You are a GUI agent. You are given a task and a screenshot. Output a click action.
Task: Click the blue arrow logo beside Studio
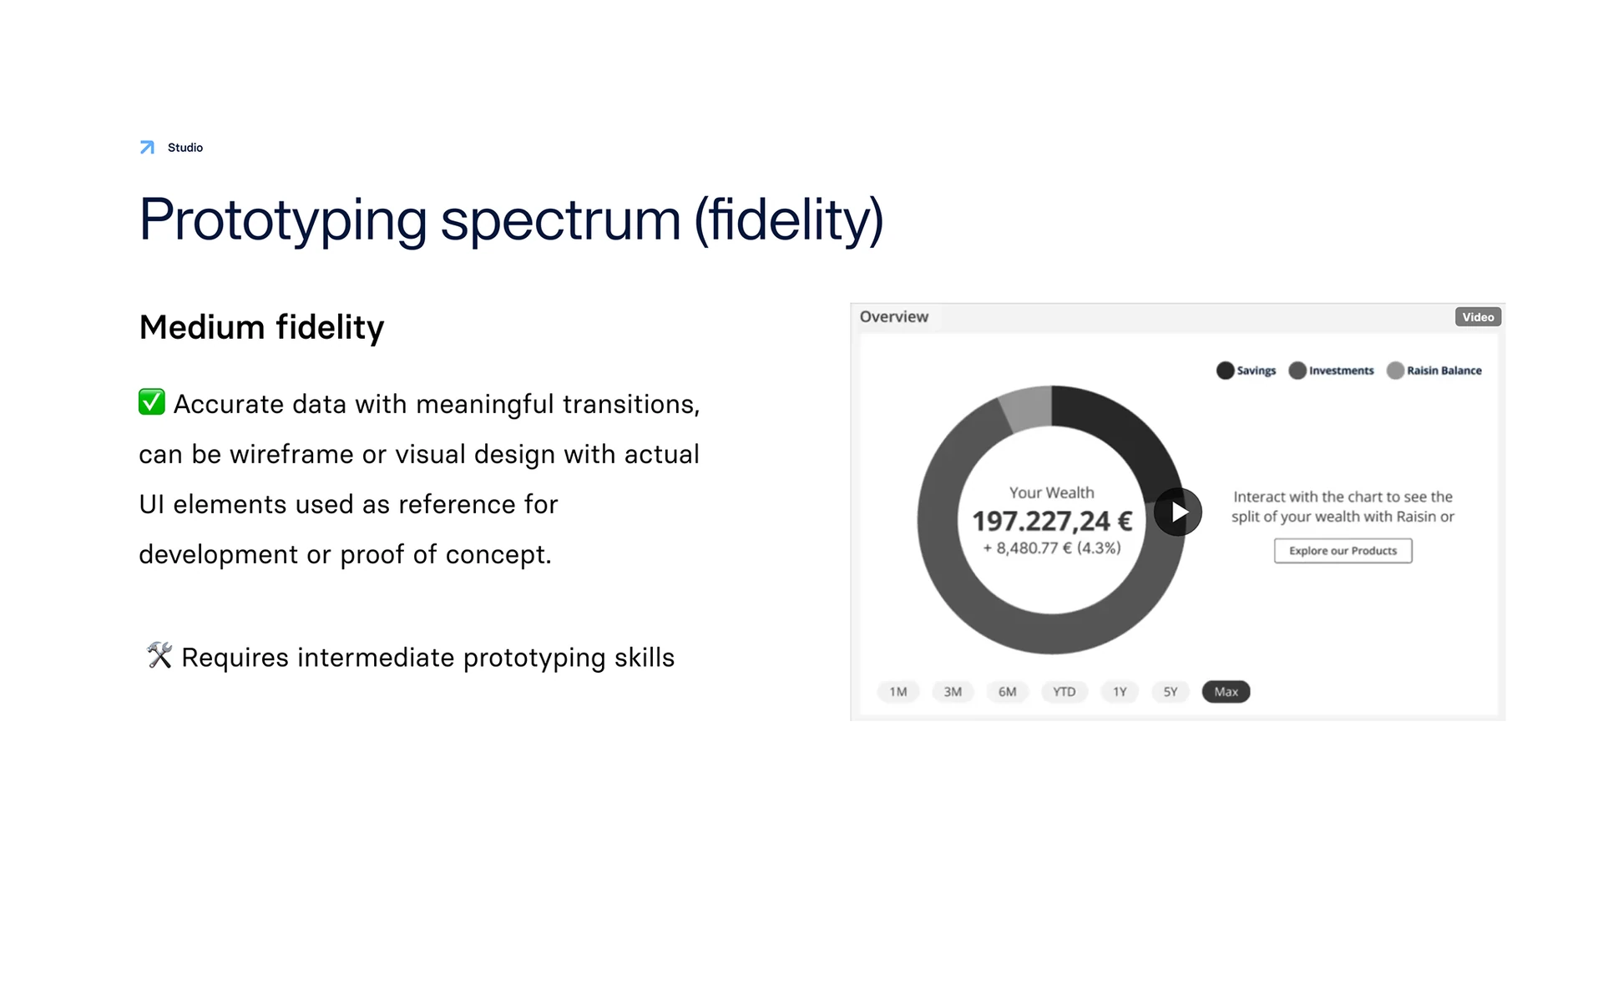click(x=147, y=148)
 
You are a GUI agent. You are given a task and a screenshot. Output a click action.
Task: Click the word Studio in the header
click(x=185, y=148)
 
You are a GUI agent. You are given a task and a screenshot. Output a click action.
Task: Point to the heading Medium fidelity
click(x=261, y=327)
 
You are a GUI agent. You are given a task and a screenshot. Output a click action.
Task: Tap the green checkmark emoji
click(x=152, y=402)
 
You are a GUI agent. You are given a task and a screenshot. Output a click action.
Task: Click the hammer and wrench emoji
click(x=159, y=655)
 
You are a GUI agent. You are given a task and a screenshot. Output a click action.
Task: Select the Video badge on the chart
click(x=1478, y=317)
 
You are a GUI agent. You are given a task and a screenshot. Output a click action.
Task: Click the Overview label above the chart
click(x=894, y=317)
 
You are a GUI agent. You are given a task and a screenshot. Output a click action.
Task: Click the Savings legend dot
click(x=1226, y=371)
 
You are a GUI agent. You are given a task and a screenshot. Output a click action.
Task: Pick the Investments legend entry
click(x=1331, y=371)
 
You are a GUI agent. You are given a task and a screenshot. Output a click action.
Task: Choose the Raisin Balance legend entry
click(x=1434, y=371)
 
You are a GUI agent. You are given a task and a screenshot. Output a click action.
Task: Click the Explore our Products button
click(x=1343, y=551)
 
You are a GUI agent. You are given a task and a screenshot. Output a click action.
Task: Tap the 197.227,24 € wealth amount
click(x=1052, y=522)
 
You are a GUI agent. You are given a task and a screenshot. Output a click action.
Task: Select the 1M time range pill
click(x=898, y=692)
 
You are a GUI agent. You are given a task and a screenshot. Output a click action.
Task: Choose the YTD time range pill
click(x=1064, y=692)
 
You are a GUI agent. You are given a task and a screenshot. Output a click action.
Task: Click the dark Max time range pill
click(x=1226, y=692)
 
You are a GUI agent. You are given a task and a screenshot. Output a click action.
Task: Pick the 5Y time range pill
click(x=1171, y=692)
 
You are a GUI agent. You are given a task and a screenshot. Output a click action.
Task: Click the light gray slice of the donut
click(x=1028, y=406)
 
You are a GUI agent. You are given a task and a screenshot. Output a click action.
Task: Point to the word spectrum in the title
click(x=561, y=220)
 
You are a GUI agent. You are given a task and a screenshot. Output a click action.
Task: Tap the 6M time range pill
click(x=1008, y=692)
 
